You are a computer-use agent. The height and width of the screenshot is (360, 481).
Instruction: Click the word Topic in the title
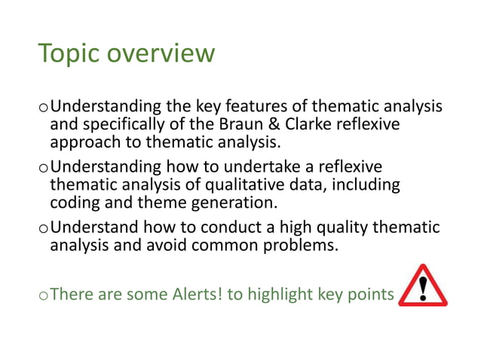pyautogui.click(x=69, y=53)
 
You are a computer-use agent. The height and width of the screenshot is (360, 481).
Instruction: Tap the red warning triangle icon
pyautogui.click(x=422, y=286)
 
